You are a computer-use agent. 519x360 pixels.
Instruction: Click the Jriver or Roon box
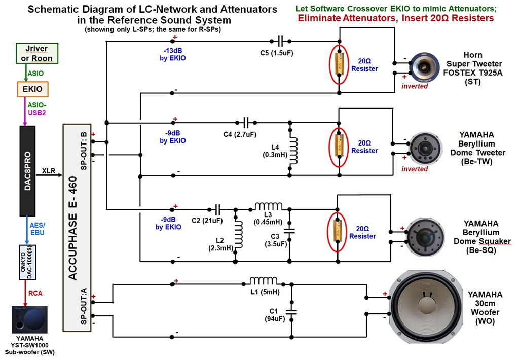(37, 53)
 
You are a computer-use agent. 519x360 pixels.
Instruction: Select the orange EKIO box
(33, 89)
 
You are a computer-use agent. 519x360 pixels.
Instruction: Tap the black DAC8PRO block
(27, 171)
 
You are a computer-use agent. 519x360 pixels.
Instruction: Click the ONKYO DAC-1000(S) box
(27, 262)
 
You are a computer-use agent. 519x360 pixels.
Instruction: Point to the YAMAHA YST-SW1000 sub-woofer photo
(29, 320)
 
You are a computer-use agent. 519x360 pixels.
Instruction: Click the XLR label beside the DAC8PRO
(49, 171)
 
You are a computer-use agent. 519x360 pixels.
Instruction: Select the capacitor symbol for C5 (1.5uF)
(280, 41)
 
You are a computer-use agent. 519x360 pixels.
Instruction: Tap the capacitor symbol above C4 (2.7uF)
(246, 123)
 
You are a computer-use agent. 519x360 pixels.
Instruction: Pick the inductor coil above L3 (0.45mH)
(269, 206)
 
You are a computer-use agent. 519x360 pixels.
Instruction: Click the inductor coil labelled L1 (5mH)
(264, 281)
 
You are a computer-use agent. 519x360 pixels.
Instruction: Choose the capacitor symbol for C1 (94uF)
(291, 311)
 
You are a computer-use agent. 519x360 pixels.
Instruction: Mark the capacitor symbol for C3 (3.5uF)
(289, 231)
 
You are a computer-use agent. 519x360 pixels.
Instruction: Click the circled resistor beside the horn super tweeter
(339, 64)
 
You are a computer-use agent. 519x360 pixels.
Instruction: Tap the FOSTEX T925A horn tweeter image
(425, 67)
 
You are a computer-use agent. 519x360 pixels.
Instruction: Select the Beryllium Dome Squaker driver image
(425, 237)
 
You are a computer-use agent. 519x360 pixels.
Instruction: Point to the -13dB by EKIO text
(172, 54)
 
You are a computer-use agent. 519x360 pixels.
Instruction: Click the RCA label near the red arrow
(35, 293)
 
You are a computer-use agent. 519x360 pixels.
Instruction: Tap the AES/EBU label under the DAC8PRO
(38, 229)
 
